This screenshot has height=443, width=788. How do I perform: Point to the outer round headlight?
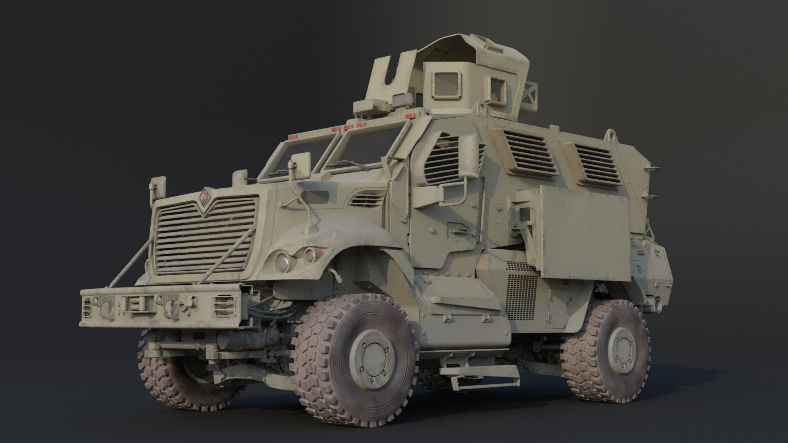[282, 260]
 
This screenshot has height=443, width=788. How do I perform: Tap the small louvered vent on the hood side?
[367, 200]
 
